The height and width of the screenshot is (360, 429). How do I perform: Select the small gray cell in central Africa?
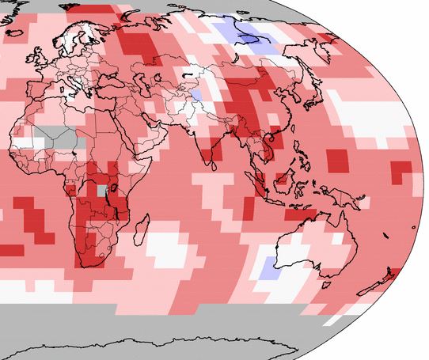pyautogui.click(x=101, y=190)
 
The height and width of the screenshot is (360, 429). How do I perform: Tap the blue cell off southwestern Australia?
pyautogui.click(x=268, y=267)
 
